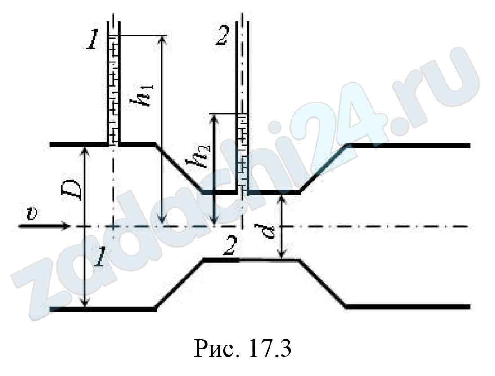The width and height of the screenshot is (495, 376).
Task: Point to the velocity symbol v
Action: [x=32, y=214]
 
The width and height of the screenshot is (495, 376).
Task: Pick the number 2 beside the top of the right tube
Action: [x=222, y=35]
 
